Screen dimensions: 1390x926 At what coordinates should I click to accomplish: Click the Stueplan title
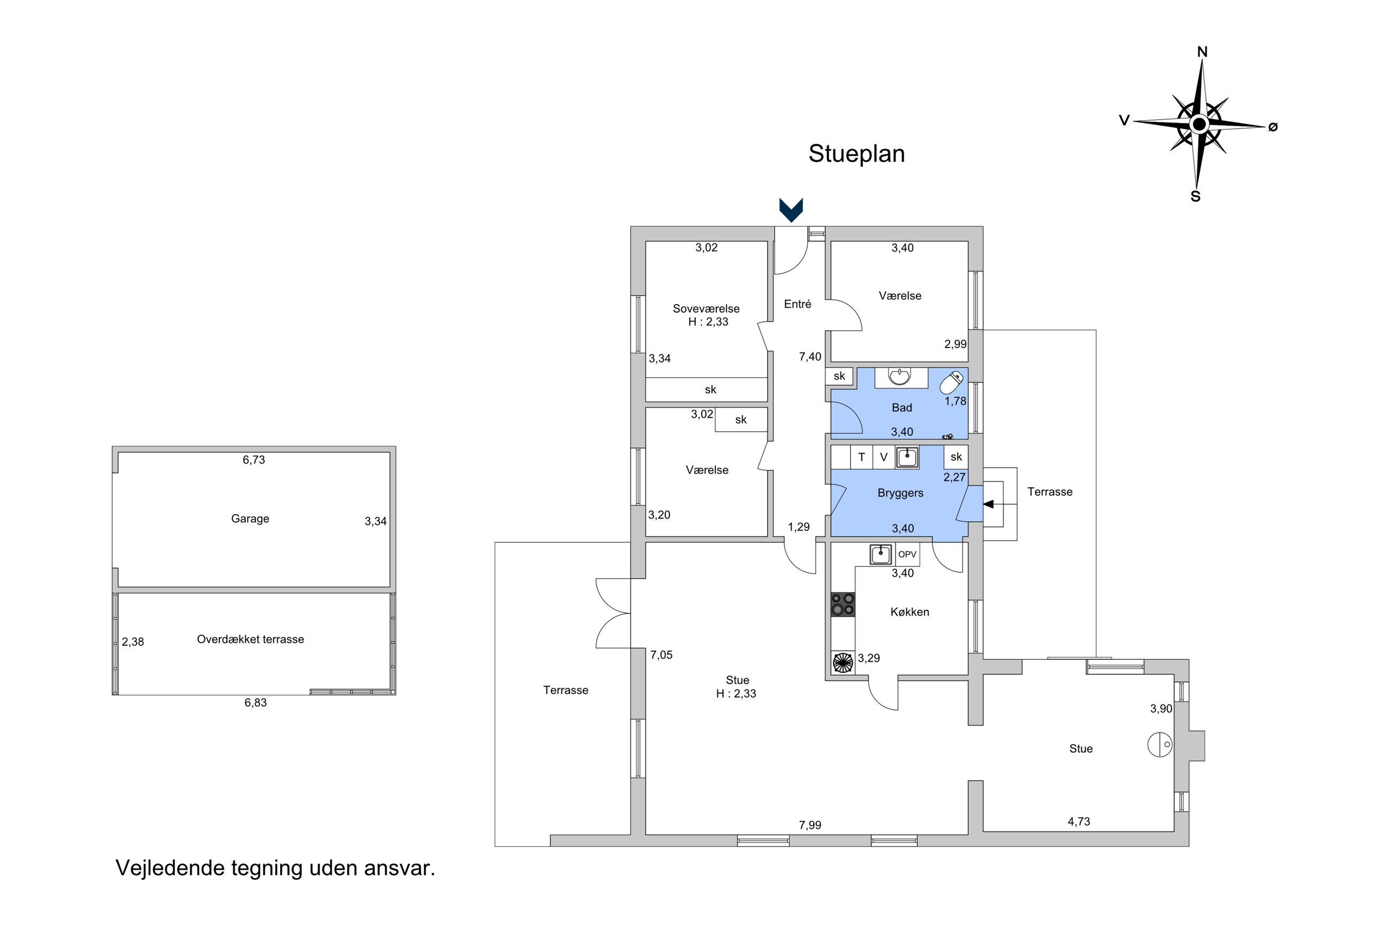(856, 153)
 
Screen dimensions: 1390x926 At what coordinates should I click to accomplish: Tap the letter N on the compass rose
(1202, 52)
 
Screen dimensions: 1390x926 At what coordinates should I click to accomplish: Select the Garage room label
(250, 518)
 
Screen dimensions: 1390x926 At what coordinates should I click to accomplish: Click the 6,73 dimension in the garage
(253, 460)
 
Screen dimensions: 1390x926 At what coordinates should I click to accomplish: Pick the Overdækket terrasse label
(251, 639)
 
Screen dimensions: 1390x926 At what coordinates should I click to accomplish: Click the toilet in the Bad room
(951, 383)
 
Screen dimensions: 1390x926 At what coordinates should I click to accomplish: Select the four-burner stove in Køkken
(843, 604)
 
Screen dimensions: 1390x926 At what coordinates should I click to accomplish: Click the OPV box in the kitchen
(907, 555)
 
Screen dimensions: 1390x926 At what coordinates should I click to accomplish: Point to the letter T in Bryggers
(861, 457)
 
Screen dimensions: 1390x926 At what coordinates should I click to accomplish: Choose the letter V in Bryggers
(884, 457)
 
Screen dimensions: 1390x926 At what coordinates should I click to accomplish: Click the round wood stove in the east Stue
(1159, 744)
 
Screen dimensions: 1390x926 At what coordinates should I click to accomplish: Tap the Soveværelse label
(706, 308)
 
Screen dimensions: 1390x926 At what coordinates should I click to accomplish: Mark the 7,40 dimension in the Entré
(810, 356)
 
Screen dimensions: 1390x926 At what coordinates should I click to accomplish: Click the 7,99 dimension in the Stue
(810, 825)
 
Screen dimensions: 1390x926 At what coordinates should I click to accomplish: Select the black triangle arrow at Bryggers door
(989, 504)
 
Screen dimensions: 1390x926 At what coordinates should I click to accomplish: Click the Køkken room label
(910, 612)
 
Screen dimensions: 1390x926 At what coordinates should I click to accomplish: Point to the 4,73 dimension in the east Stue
(1079, 821)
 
